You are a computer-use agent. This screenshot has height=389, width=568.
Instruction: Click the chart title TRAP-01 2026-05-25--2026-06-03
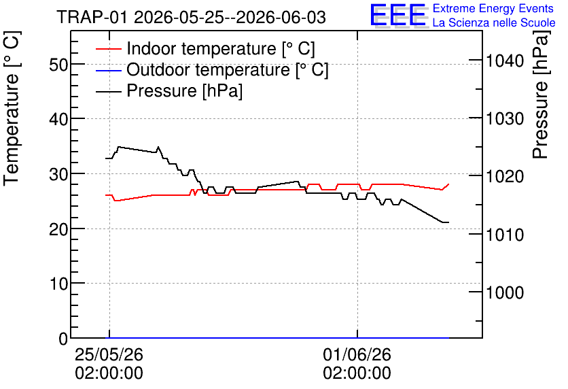(192, 18)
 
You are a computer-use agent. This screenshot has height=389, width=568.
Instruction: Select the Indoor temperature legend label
(221, 48)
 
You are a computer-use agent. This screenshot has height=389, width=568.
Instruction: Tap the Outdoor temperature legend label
(228, 69)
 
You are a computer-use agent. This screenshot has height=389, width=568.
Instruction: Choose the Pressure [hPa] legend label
(184, 90)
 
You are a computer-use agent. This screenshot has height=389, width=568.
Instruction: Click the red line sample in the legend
(108, 49)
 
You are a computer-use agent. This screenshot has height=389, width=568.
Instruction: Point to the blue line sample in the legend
(108, 70)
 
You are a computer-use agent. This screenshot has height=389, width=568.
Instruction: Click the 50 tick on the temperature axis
(58, 65)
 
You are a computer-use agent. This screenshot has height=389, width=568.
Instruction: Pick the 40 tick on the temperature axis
(58, 119)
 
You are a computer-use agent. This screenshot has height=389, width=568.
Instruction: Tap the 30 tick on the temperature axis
(58, 175)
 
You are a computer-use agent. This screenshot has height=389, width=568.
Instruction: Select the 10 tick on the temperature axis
(58, 284)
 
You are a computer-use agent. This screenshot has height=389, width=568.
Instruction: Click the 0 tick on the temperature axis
(63, 339)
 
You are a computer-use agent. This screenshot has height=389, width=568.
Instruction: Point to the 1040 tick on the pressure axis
(505, 61)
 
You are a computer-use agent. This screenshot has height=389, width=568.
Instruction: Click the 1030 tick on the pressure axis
(505, 118)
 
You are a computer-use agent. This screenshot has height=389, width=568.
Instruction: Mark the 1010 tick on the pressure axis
(505, 235)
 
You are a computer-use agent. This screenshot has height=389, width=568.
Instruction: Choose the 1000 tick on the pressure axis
(505, 292)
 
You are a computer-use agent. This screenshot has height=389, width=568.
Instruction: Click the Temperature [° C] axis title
(12, 108)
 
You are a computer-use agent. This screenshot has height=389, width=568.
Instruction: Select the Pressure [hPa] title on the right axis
(540, 95)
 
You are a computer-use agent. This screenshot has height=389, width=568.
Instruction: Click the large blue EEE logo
(398, 15)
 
